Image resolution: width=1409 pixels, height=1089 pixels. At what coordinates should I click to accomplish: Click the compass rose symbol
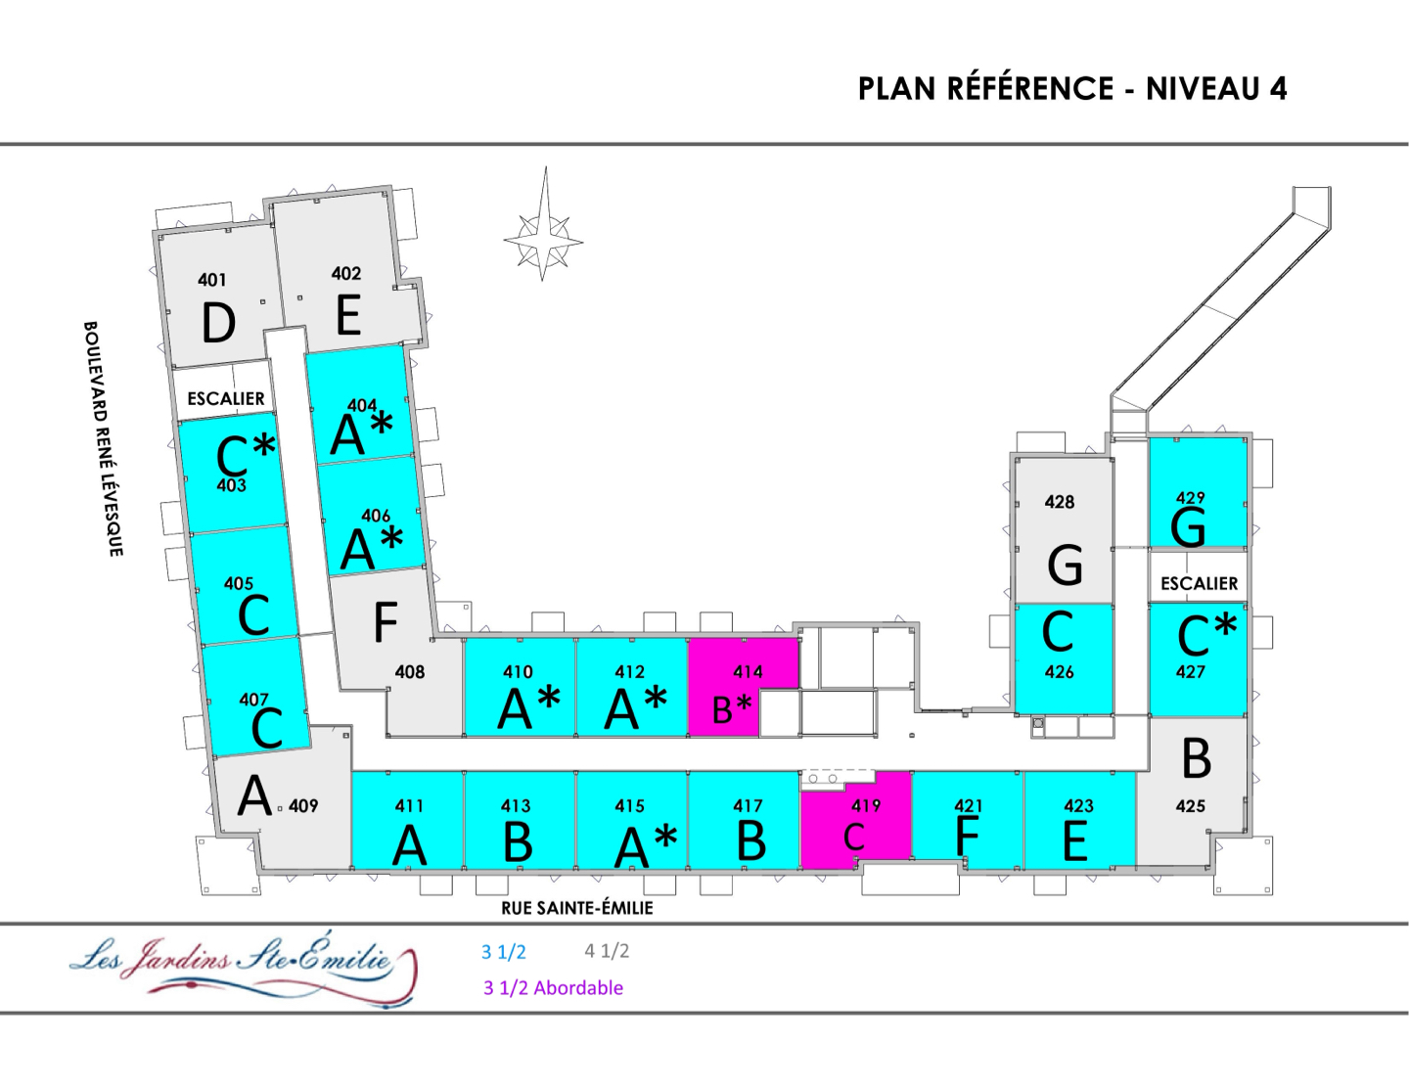544,238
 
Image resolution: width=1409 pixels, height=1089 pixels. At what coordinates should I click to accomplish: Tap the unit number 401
211,280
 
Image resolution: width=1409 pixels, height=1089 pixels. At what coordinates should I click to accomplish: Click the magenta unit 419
855,820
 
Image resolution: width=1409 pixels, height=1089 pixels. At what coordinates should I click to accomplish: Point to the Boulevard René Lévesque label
103,438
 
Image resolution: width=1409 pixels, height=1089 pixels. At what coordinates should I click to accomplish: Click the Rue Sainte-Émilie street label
576,908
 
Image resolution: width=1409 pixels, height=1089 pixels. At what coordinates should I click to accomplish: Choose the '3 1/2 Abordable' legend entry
553,987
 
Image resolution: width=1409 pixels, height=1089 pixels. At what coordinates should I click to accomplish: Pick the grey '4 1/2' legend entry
607,950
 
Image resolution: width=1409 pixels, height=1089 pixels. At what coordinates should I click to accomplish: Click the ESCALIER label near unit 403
225,398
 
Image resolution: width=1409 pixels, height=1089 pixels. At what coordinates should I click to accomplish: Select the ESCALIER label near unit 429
1199,583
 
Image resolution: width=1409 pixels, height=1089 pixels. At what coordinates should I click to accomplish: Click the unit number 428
1059,502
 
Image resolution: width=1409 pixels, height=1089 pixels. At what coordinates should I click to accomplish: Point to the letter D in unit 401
218,323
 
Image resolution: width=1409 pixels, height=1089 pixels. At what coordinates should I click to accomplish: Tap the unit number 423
1078,805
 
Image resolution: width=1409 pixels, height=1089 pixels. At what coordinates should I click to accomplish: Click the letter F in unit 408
386,621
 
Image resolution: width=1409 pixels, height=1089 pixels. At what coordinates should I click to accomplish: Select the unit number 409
303,805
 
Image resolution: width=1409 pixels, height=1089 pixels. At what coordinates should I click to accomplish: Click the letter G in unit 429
1188,527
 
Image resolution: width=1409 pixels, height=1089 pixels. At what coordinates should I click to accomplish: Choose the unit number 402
345,274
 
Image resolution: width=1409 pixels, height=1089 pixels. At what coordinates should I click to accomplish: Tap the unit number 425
1190,805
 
